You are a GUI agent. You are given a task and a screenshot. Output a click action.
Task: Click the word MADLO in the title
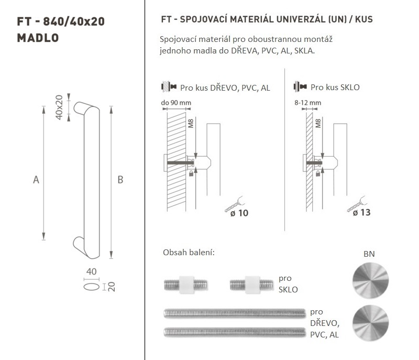click(38, 38)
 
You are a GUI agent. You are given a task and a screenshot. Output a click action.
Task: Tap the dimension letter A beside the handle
click(36, 180)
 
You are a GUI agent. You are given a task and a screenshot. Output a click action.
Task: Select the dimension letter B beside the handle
click(120, 180)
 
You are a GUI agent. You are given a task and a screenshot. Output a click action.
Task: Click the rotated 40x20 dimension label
click(59, 107)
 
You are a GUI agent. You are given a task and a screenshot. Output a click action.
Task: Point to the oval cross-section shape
click(91, 287)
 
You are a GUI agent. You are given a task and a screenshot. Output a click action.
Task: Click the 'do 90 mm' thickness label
click(176, 103)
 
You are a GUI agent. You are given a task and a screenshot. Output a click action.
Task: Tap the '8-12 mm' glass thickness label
click(308, 103)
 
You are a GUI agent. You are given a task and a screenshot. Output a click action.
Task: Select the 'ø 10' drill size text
click(239, 213)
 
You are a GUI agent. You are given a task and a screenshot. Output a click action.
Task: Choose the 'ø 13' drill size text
click(361, 213)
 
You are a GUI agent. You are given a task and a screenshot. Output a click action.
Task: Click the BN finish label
click(369, 254)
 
